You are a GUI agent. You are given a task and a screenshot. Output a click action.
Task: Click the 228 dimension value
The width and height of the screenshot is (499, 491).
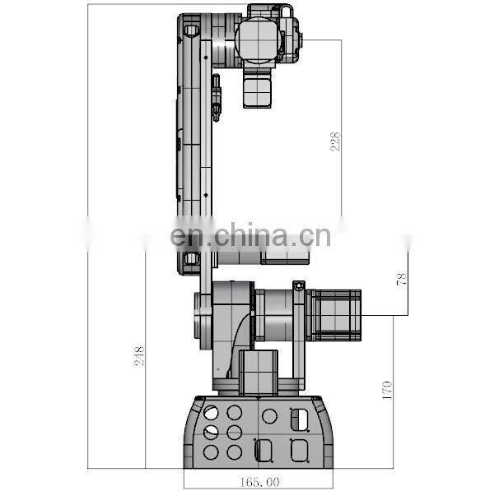335,141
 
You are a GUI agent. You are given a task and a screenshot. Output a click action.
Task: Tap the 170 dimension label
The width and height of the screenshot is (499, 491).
388,387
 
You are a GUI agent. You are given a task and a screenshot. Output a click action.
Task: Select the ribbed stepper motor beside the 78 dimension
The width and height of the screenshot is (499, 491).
336,314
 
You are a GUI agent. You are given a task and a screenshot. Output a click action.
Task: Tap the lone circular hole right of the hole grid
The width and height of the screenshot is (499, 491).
270,416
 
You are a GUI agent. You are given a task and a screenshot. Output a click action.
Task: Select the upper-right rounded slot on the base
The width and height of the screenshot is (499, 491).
296,418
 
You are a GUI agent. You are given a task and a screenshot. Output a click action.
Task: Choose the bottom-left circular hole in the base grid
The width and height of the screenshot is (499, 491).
212,452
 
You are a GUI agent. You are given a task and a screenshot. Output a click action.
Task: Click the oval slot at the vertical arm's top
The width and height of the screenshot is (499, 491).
191,30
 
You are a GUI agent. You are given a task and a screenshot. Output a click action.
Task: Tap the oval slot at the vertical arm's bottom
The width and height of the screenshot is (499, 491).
191,259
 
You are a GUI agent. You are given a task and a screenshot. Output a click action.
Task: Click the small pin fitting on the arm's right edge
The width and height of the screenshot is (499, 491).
217,95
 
